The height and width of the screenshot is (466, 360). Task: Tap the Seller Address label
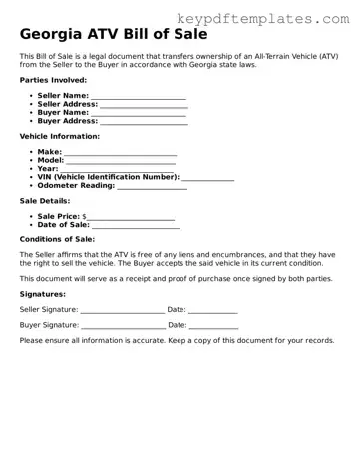pyautogui.click(x=67, y=103)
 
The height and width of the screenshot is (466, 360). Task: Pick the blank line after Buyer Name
pyautogui.click(x=139, y=112)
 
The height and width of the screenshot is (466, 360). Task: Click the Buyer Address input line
pyautogui.click(x=144, y=121)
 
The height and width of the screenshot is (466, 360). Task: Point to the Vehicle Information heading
pyautogui.click(x=59, y=135)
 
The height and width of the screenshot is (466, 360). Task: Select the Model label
pyautogui.click(x=50, y=160)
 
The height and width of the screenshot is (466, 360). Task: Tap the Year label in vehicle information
pyautogui.click(x=47, y=168)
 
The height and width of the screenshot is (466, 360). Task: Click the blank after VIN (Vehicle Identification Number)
pyautogui.click(x=208, y=177)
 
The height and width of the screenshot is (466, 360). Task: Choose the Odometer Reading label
pyautogui.click(x=75, y=185)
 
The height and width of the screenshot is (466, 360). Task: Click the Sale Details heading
pyautogui.click(x=45, y=201)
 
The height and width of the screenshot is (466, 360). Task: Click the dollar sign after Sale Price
pyautogui.click(x=84, y=216)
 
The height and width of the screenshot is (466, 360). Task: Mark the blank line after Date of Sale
pyautogui.click(x=136, y=225)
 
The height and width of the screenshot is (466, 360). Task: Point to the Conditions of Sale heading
pyautogui.click(x=57, y=239)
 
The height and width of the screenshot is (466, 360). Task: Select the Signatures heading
pyautogui.click(x=43, y=294)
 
